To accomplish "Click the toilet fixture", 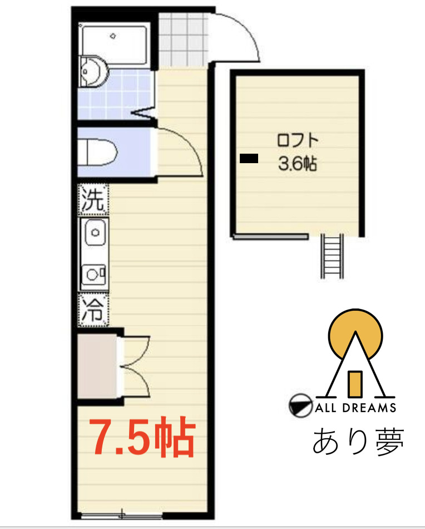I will click(x=98, y=151).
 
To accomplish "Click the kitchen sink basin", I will click(x=95, y=231).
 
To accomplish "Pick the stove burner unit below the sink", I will click(x=94, y=273).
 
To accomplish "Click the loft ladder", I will click(x=332, y=256).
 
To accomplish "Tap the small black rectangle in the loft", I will click(x=248, y=159).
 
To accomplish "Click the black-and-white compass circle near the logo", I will click(x=299, y=406).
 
